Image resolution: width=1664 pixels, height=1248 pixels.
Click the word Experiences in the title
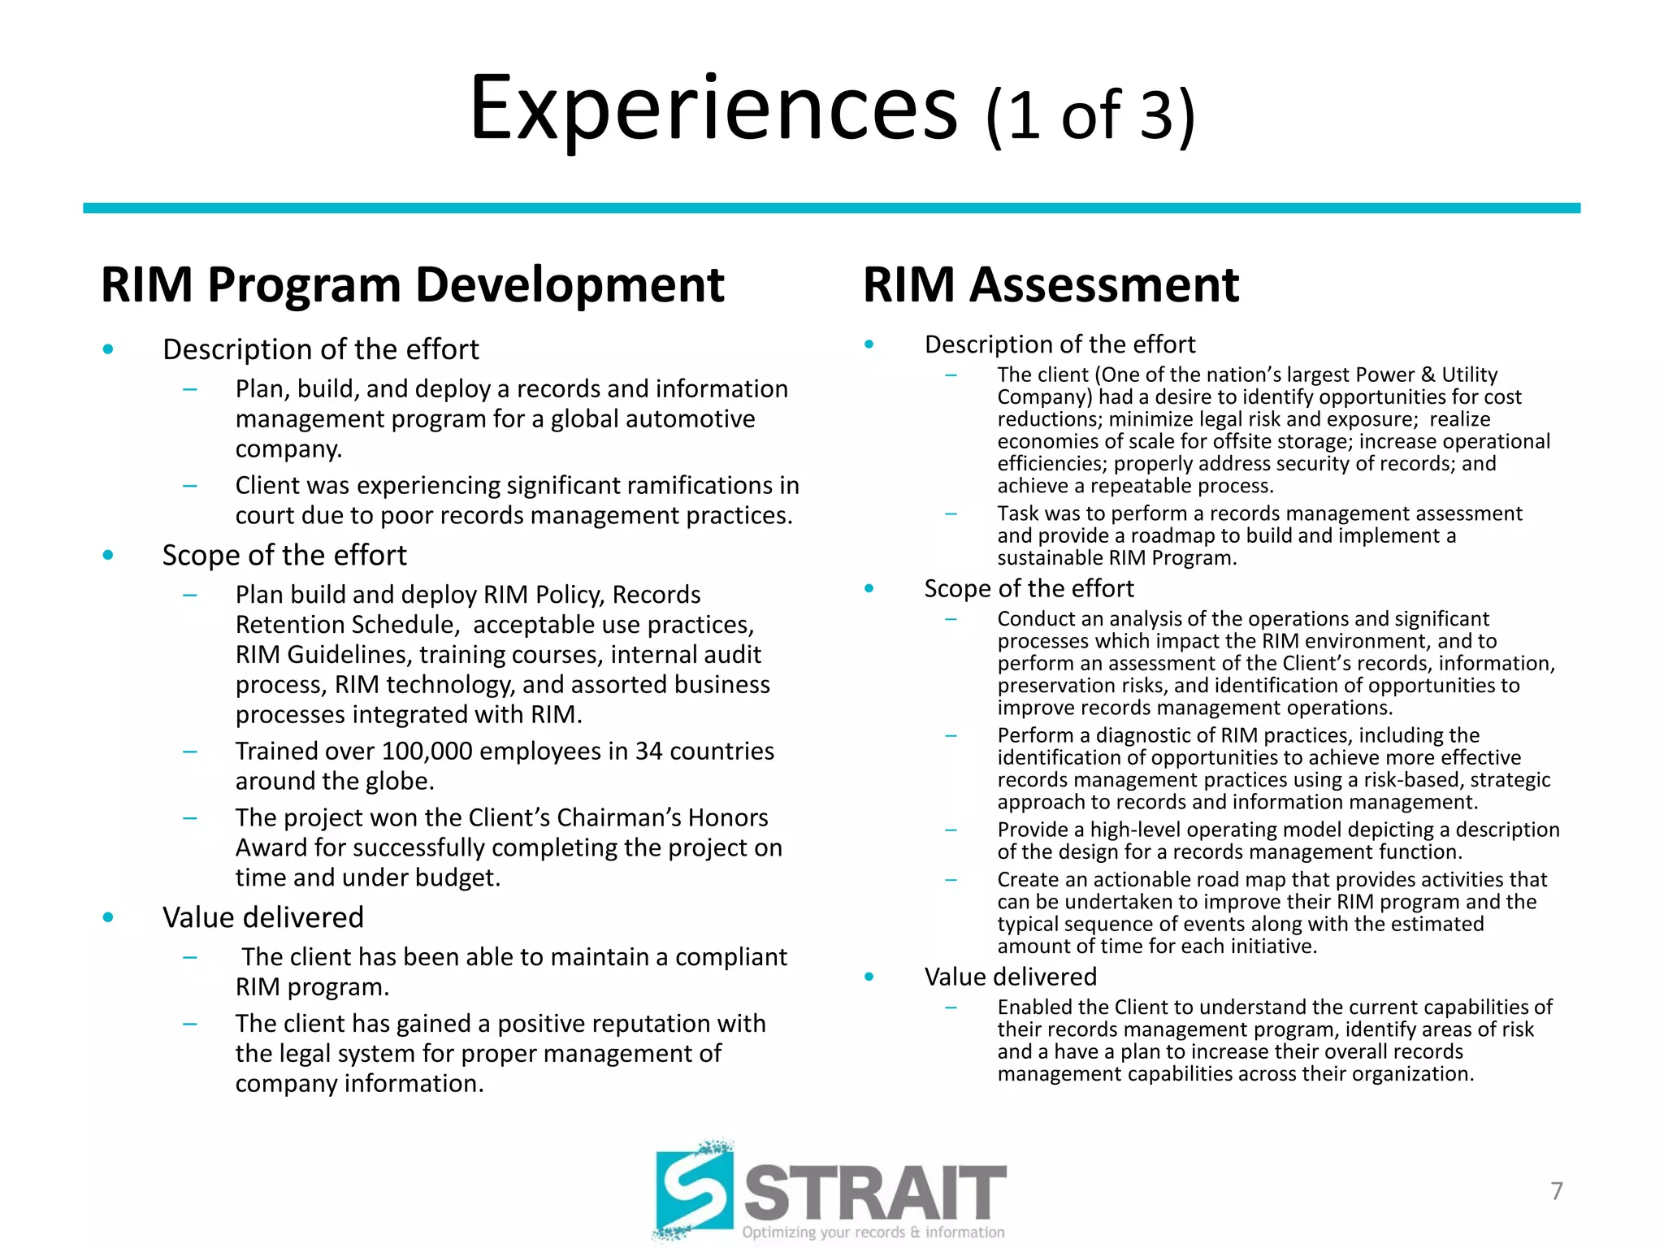tap(713, 109)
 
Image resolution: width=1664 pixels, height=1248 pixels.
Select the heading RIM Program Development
tap(412, 285)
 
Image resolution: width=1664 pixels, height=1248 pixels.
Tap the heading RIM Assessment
tap(1051, 285)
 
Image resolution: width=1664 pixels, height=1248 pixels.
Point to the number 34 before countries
tap(648, 751)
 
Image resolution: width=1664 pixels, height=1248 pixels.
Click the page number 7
tap(1556, 1191)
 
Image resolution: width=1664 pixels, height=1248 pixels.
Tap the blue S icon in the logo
tap(695, 1191)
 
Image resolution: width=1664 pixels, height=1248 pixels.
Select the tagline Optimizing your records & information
tap(873, 1233)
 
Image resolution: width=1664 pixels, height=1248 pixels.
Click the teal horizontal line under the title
tap(831, 209)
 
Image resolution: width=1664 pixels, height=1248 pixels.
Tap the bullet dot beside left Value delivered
tap(108, 918)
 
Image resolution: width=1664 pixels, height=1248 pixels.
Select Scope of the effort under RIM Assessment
tap(1029, 588)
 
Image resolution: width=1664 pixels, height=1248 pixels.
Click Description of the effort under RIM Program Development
tap(320, 349)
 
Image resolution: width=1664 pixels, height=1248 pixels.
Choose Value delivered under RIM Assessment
tap(1010, 977)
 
